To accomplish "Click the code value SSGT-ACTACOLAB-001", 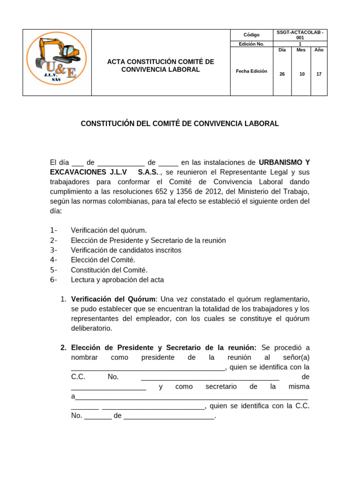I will pos(300,35).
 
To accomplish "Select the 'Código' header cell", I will pos(251,35).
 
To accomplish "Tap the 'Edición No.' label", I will pos(251,44).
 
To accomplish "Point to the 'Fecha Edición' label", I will pos(251,71).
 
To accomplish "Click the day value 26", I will pos(282,74).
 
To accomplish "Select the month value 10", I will pos(301,74).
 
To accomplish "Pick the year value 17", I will pos(319,74).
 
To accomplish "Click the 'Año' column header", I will pos(319,50).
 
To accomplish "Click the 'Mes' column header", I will pos(301,50).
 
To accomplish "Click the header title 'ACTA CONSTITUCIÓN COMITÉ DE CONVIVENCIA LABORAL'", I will pos(160,66).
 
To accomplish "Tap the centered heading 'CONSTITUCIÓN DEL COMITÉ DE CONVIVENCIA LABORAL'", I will pos(180,124).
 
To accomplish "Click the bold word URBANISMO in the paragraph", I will pos(280,162).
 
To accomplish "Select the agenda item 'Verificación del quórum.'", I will pos(109,230).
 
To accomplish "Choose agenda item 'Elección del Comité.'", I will pos(103,260).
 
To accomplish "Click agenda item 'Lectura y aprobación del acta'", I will pos(117,280).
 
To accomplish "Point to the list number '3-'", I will pos(53,250).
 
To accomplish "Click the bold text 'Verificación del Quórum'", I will pos(113,299).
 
